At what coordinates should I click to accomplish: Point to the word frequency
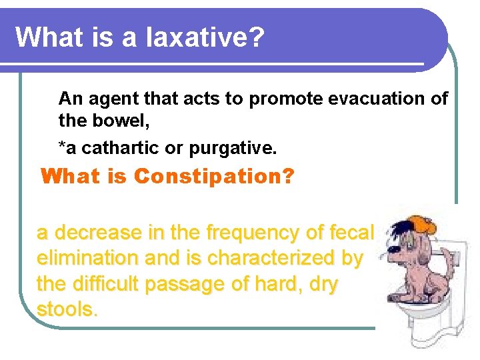click(x=253, y=233)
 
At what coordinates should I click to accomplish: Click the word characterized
click(x=268, y=258)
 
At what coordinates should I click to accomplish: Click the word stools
click(x=67, y=309)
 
